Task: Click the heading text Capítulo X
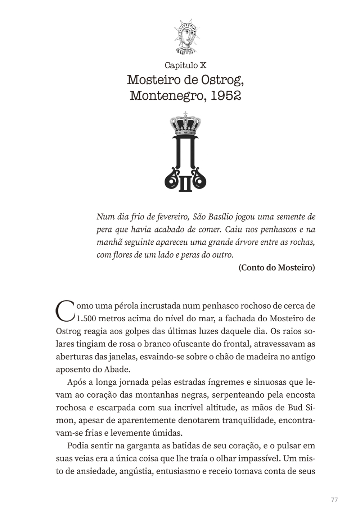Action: tap(185, 65)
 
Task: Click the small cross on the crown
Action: tap(185, 114)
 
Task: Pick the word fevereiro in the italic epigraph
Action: tap(169, 217)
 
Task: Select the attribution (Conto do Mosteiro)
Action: tap(276, 268)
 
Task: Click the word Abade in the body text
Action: tap(118, 369)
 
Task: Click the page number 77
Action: tap(334, 500)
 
